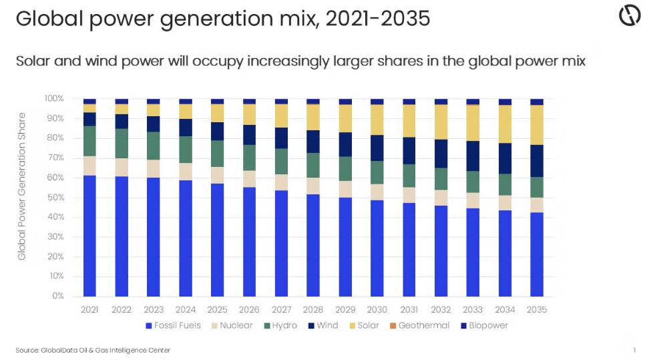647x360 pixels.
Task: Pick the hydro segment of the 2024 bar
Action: pyautogui.click(x=186, y=150)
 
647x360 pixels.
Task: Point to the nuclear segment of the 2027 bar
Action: pyautogui.click(x=281, y=182)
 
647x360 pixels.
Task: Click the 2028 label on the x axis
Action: pyautogui.click(x=313, y=310)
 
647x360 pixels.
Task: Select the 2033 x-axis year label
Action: pyautogui.click(x=473, y=310)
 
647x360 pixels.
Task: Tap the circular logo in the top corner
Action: pyautogui.click(x=629, y=16)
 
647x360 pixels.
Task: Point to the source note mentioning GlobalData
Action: pyautogui.click(x=93, y=350)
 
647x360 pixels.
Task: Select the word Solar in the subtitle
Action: pyautogui.click(x=33, y=61)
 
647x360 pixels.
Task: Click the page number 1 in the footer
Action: pyautogui.click(x=634, y=350)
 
